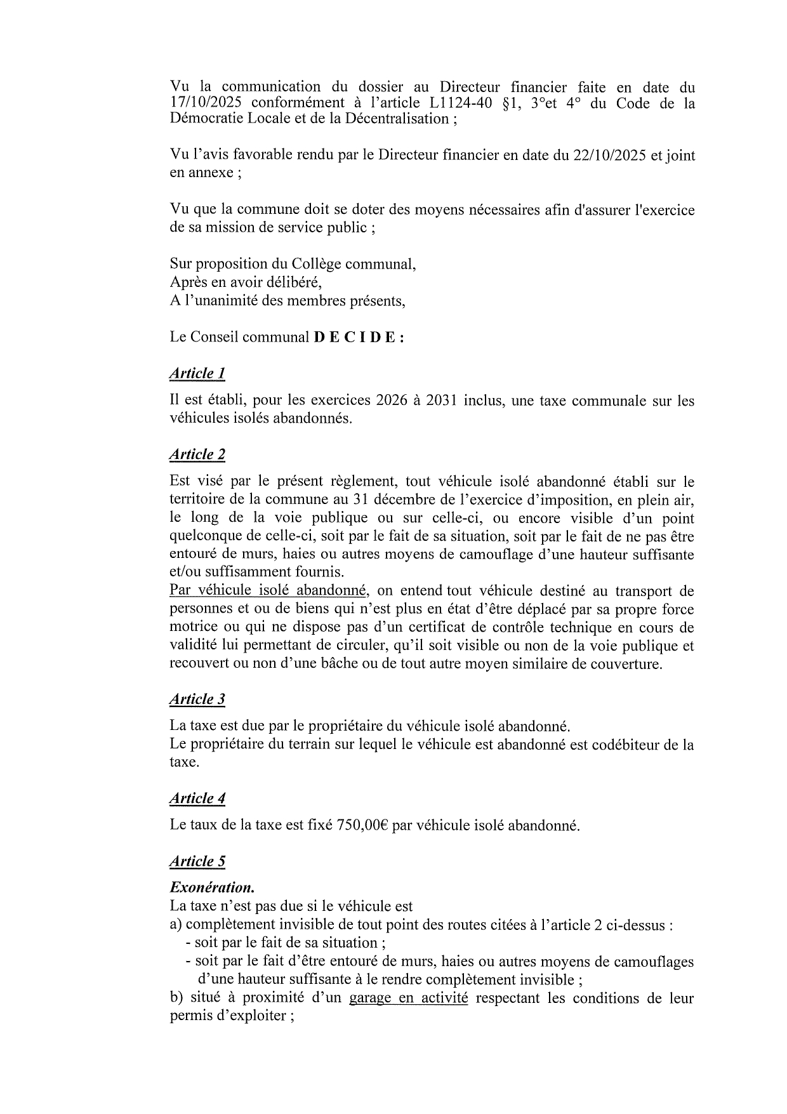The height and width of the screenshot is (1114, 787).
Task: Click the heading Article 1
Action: tap(197, 373)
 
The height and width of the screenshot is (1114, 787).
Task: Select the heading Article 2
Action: tap(197, 454)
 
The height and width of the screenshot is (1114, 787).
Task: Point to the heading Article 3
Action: tap(197, 700)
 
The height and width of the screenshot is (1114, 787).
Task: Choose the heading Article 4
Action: tap(197, 799)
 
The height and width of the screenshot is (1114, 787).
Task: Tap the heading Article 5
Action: tap(197, 861)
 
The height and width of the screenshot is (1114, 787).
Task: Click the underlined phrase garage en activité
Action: tap(408, 998)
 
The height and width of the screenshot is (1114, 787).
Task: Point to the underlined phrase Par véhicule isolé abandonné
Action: tap(268, 591)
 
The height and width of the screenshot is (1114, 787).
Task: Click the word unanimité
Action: tap(222, 301)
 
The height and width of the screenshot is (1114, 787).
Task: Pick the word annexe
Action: tap(209, 173)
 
